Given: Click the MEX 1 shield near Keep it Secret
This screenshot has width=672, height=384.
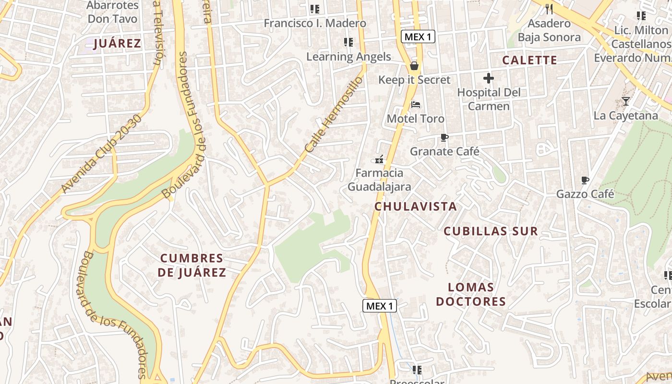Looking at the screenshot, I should point(418,36).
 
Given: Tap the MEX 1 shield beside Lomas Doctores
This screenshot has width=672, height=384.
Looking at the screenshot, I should point(379,306).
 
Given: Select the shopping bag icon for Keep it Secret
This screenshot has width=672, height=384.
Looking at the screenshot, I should point(414,66).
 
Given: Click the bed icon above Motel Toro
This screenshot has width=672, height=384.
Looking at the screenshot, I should point(416,105).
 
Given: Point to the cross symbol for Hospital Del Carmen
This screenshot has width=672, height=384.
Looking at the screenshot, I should point(489,78).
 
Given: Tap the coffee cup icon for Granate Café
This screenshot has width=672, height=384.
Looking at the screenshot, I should point(444,138).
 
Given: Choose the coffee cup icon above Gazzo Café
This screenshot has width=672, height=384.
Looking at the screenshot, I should point(585,180).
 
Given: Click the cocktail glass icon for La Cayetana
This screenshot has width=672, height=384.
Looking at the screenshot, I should point(625,101).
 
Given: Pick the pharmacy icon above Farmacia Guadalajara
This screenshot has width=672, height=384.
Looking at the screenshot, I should point(379,159).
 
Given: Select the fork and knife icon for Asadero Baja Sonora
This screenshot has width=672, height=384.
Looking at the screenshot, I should point(549,9).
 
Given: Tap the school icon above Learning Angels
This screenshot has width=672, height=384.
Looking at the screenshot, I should point(348,42).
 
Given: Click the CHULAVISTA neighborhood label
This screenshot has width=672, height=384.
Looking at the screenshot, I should point(415,206).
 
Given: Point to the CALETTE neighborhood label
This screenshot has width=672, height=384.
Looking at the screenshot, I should point(529,60).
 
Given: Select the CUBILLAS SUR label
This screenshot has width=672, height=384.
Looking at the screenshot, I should point(491,231).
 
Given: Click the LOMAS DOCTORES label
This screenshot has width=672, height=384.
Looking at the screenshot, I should point(477,294).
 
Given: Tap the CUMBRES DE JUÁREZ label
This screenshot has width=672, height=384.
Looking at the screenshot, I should point(192,265).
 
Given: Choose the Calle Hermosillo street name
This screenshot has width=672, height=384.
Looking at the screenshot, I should point(332,115).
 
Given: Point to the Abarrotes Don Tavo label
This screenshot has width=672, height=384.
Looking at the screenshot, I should point(113,12).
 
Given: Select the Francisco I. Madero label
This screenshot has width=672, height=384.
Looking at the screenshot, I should point(315,23).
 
